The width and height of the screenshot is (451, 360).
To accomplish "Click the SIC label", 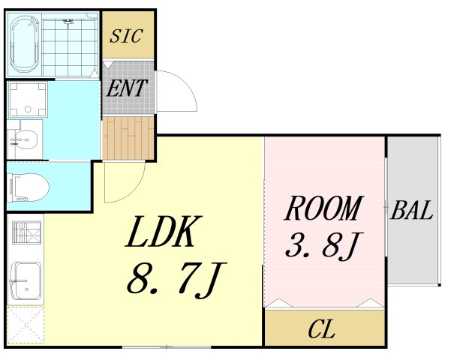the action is coord(126,36).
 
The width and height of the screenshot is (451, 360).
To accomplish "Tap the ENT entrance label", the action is coord(127,88).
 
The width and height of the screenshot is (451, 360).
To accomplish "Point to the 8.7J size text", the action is coord(176,280).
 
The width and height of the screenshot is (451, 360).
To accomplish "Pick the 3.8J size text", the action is coord(324,245).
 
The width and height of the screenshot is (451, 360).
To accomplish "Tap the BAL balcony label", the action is coord(411,210).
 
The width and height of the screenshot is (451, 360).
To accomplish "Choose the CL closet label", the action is coord(321,329).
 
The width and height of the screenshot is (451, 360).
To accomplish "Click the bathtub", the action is coord(25,44).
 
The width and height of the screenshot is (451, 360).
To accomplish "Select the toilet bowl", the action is coord(29,187).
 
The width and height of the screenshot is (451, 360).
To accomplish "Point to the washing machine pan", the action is coord(28,100).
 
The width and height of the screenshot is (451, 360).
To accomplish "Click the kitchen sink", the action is coord(26,281).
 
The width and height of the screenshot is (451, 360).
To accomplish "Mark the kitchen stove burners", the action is coord(27,232).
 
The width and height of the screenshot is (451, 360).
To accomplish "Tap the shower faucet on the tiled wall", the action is coord(68,22).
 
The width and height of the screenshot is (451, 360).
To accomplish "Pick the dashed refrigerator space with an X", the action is coord(26,325).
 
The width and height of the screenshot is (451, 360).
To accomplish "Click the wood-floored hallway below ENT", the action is coord(128,138).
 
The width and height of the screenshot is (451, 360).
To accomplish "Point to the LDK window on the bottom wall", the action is coord(167,347).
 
